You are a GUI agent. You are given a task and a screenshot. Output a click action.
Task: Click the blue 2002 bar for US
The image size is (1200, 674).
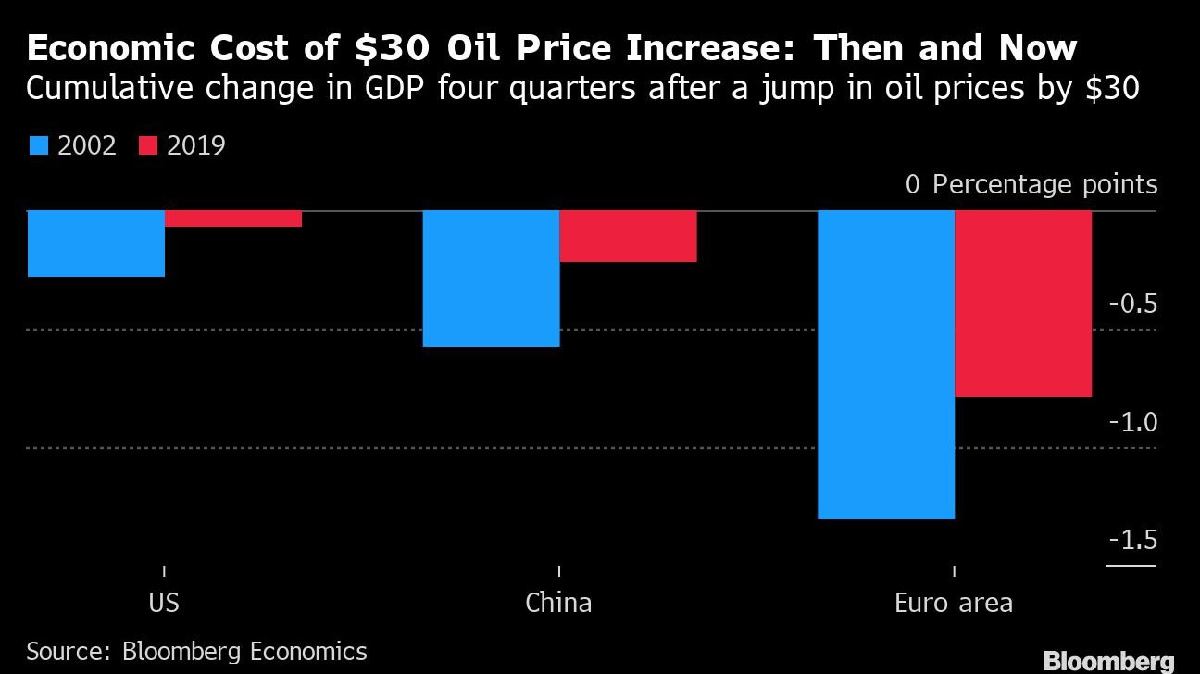[x=96, y=243]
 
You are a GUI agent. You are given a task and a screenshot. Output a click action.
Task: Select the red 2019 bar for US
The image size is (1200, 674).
[x=233, y=218]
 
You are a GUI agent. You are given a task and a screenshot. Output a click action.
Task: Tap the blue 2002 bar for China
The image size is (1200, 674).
[x=492, y=279]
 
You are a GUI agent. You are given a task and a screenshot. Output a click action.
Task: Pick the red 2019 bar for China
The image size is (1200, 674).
[x=628, y=236]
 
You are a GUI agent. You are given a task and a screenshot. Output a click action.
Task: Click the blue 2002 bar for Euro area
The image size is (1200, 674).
[x=886, y=365]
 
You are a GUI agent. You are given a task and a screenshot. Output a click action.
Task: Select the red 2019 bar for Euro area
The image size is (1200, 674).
[x=1023, y=304]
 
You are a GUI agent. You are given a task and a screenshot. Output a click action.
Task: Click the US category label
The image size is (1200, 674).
[x=164, y=604]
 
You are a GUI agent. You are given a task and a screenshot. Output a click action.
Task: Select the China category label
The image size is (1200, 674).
[x=558, y=604]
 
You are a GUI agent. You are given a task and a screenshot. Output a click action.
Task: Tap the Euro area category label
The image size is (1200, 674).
[x=954, y=604]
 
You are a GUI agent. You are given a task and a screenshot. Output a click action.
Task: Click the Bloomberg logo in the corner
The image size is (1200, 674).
[x=1108, y=661]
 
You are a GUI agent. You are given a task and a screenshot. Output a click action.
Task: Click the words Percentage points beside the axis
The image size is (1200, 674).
[x=1044, y=184]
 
